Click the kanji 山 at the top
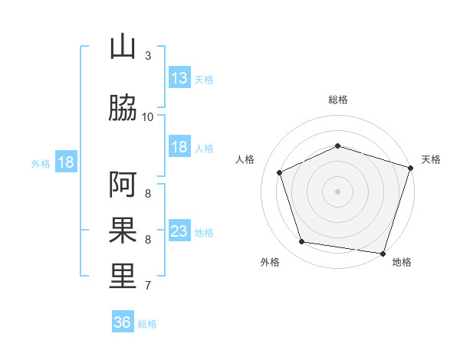pyautogui.click(x=123, y=47)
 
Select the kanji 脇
pyautogui.click(x=123, y=107)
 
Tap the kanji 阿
pyautogui.click(x=123, y=185)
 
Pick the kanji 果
pyautogui.click(x=123, y=230)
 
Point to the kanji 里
pyautogui.click(x=123, y=276)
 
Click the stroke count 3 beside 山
pyautogui.click(x=148, y=56)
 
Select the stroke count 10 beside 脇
pyautogui.click(x=147, y=117)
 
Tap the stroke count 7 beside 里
pyautogui.click(x=148, y=286)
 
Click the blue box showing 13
pyautogui.click(x=180, y=77)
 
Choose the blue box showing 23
pyautogui.click(x=180, y=230)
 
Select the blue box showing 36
pyautogui.click(x=123, y=321)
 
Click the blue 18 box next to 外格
pyautogui.click(x=66, y=162)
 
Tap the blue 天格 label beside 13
pyautogui.click(x=204, y=80)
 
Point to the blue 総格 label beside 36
pyautogui.click(x=147, y=324)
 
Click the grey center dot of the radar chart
pyautogui.click(x=337, y=191)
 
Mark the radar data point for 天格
pyautogui.click(x=411, y=168)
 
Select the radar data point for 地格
pyautogui.click(x=383, y=254)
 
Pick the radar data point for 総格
pyautogui.click(x=338, y=146)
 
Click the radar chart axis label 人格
pyautogui.click(x=245, y=159)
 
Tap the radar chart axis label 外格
pyautogui.click(x=270, y=262)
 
